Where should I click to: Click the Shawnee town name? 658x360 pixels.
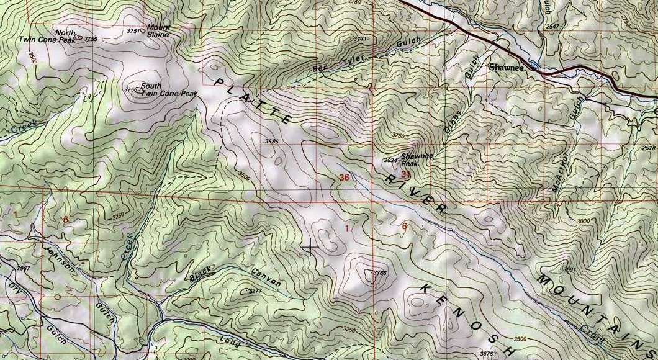pyautogui.click(x=506, y=67)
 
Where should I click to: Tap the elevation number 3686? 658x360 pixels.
pyautogui.click(x=271, y=142)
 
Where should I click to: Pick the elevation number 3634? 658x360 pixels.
pyautogui.click(x=390, y=161)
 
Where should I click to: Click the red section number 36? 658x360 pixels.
pyautogui.click(x=345, y=178)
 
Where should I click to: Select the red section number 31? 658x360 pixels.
pyautogui.click(x=407, y=175)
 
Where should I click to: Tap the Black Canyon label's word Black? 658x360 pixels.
pyautogui.click(x=201, y=274)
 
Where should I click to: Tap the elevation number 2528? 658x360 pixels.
pyautogui.click(x=649, y=148)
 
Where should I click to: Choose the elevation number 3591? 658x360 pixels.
pyautogui.click(x=569, y=269)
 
